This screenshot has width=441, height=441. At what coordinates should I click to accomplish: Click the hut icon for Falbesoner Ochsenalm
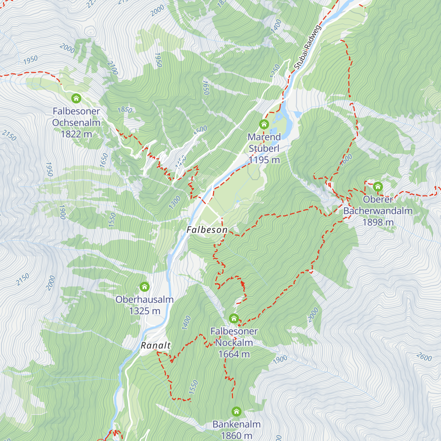pos(76,98)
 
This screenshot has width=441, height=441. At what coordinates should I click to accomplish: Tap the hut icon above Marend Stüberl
pos(264,124)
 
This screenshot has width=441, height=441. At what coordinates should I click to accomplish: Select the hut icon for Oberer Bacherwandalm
pos(378,187)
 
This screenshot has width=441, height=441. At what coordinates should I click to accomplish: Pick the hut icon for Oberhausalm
pos(144,287)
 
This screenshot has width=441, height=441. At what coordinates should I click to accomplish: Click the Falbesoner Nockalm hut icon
pos(234,318)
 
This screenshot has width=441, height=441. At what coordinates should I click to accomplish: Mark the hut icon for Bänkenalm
pos(236,411)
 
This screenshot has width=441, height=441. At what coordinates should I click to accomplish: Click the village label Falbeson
pos(207,230)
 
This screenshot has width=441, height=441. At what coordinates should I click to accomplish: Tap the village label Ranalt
pos(156,345)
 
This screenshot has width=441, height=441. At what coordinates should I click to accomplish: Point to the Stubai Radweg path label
pos(308,47)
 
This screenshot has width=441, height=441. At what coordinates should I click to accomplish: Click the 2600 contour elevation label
pos(424,356)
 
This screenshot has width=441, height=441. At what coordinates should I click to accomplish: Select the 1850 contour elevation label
pos(125,110)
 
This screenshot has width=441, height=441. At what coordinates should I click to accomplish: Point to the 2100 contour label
pos(112,68)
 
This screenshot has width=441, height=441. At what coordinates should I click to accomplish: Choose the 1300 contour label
pos(175,202)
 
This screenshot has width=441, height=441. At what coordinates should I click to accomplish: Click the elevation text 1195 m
pos(264,160)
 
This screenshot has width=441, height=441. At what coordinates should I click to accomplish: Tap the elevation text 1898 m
pos(378,222)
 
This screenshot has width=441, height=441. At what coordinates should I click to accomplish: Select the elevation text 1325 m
pos(144,311)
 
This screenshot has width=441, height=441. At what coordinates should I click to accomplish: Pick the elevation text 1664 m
pos(234,354)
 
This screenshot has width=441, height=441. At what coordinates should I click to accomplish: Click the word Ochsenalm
pos(76,122)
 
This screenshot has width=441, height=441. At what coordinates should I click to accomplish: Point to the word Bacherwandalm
pos(378,211)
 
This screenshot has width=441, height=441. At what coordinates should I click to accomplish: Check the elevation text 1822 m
pos(76,134)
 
